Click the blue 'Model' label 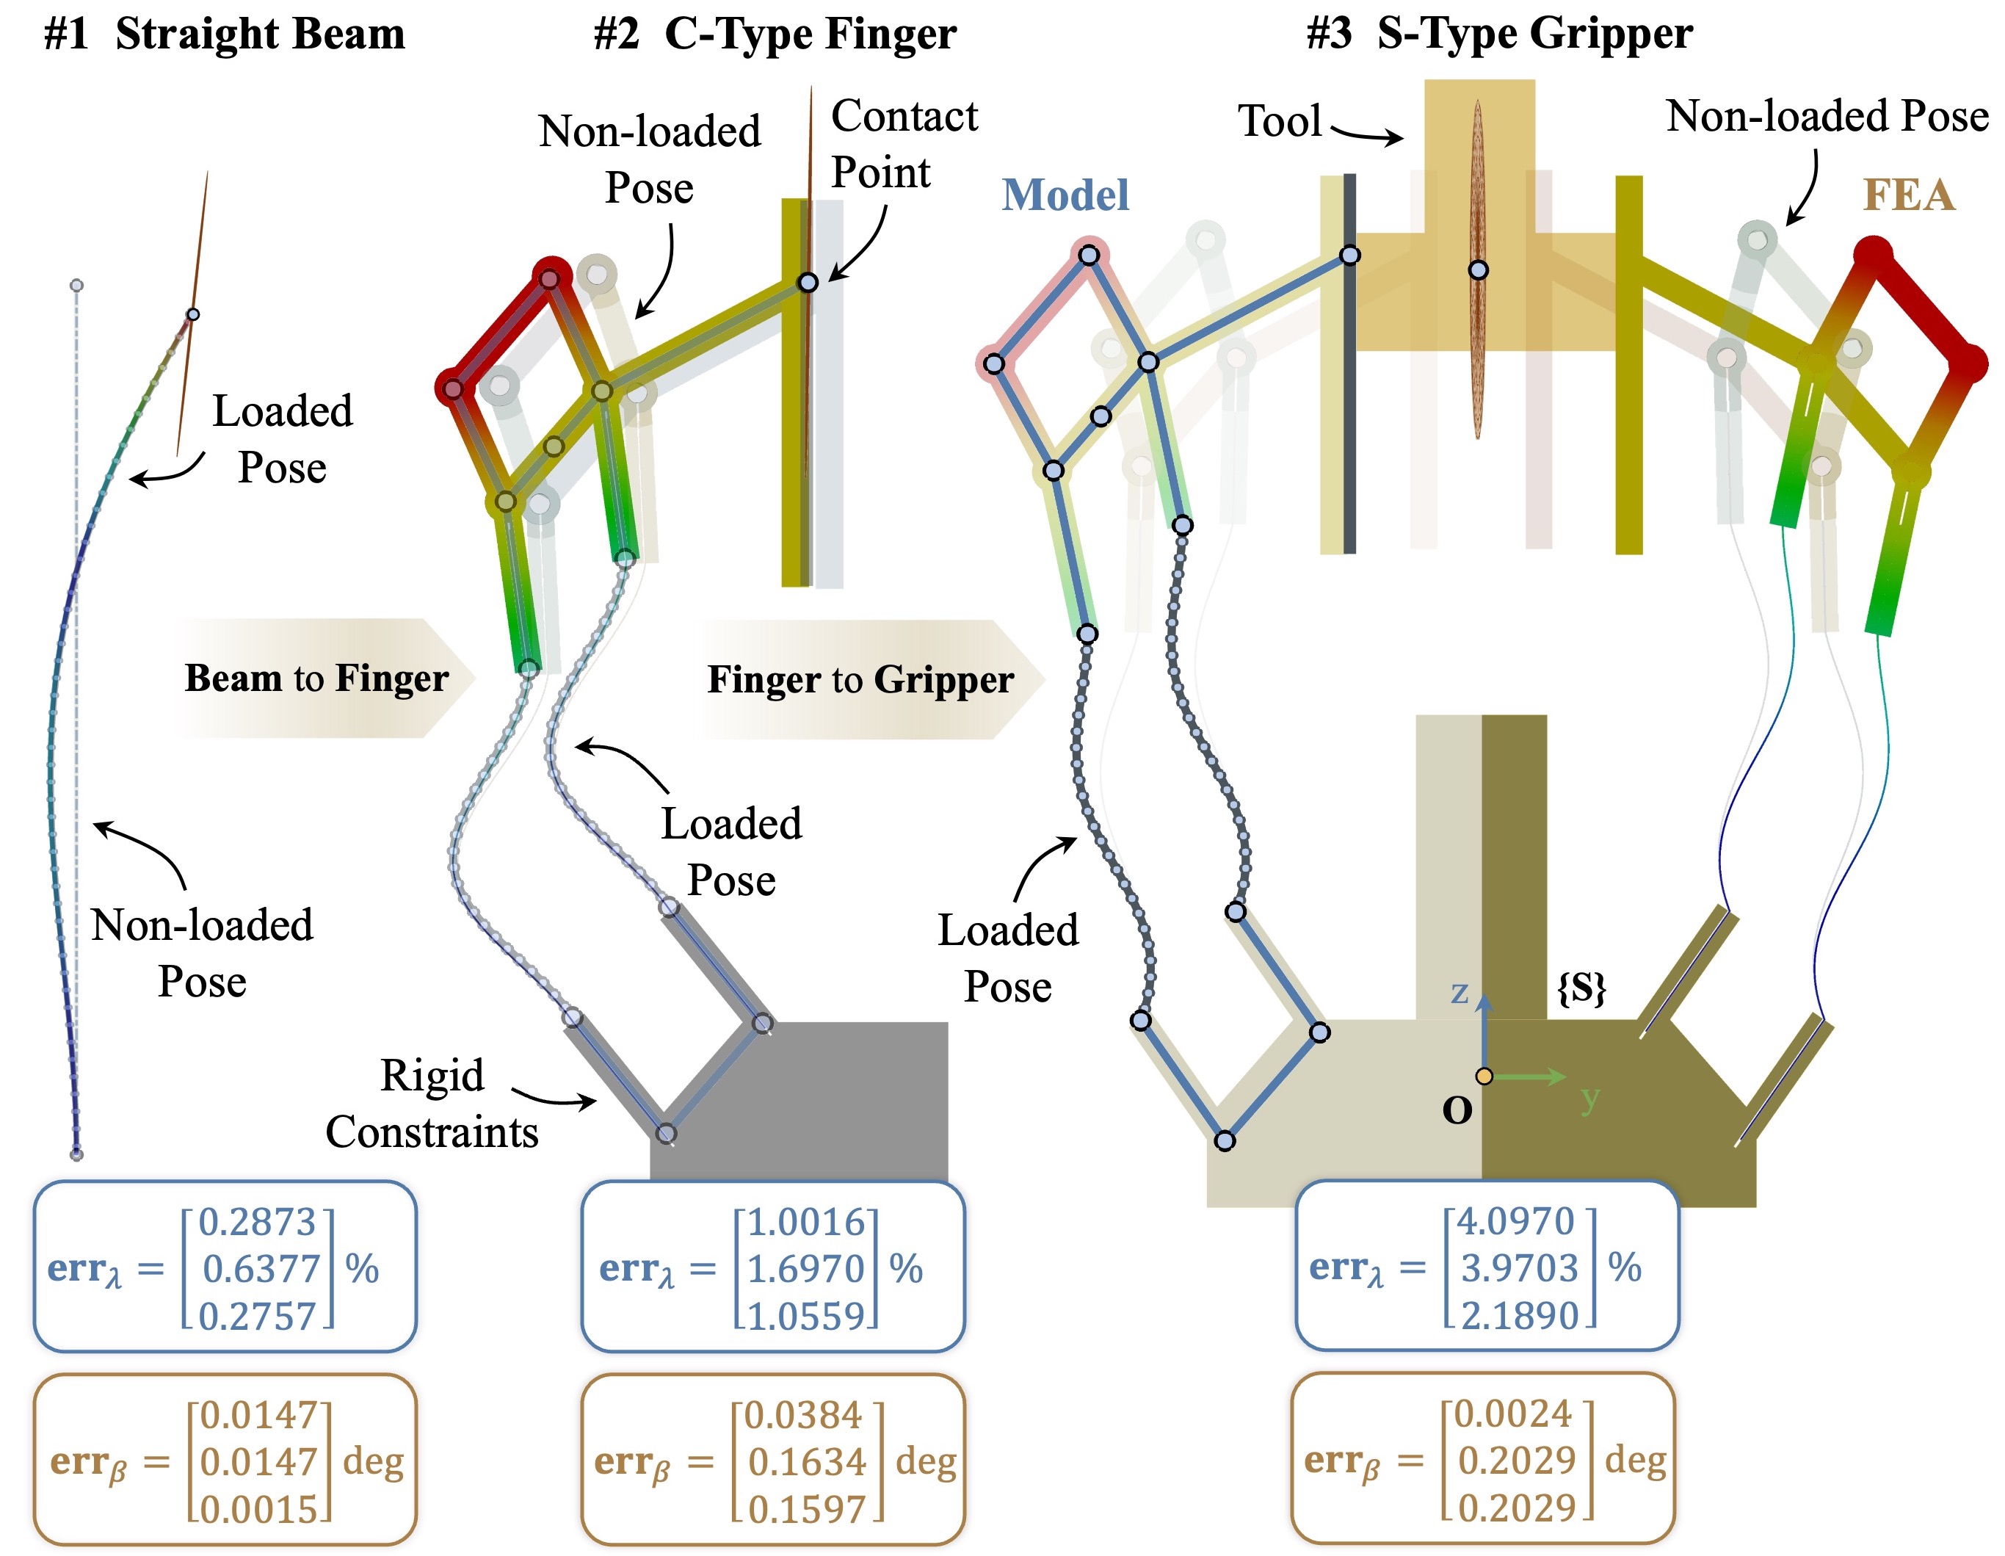[x=1065, y=195]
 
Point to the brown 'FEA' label [x=1909, y=195]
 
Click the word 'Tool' [x=1280, y=120]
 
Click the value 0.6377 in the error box [x=261, y=1269]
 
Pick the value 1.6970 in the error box [x=806, y=1269]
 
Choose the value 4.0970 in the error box [x=1516, y=1221]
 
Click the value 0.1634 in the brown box [x=807, y=1461]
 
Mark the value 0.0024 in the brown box [x=1514, y=1414]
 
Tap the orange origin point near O [x=1484, y=1076]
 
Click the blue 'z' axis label [x=1460, y=992]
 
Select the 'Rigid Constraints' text [x=432, y=1104]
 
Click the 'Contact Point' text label [x=904, y=144]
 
